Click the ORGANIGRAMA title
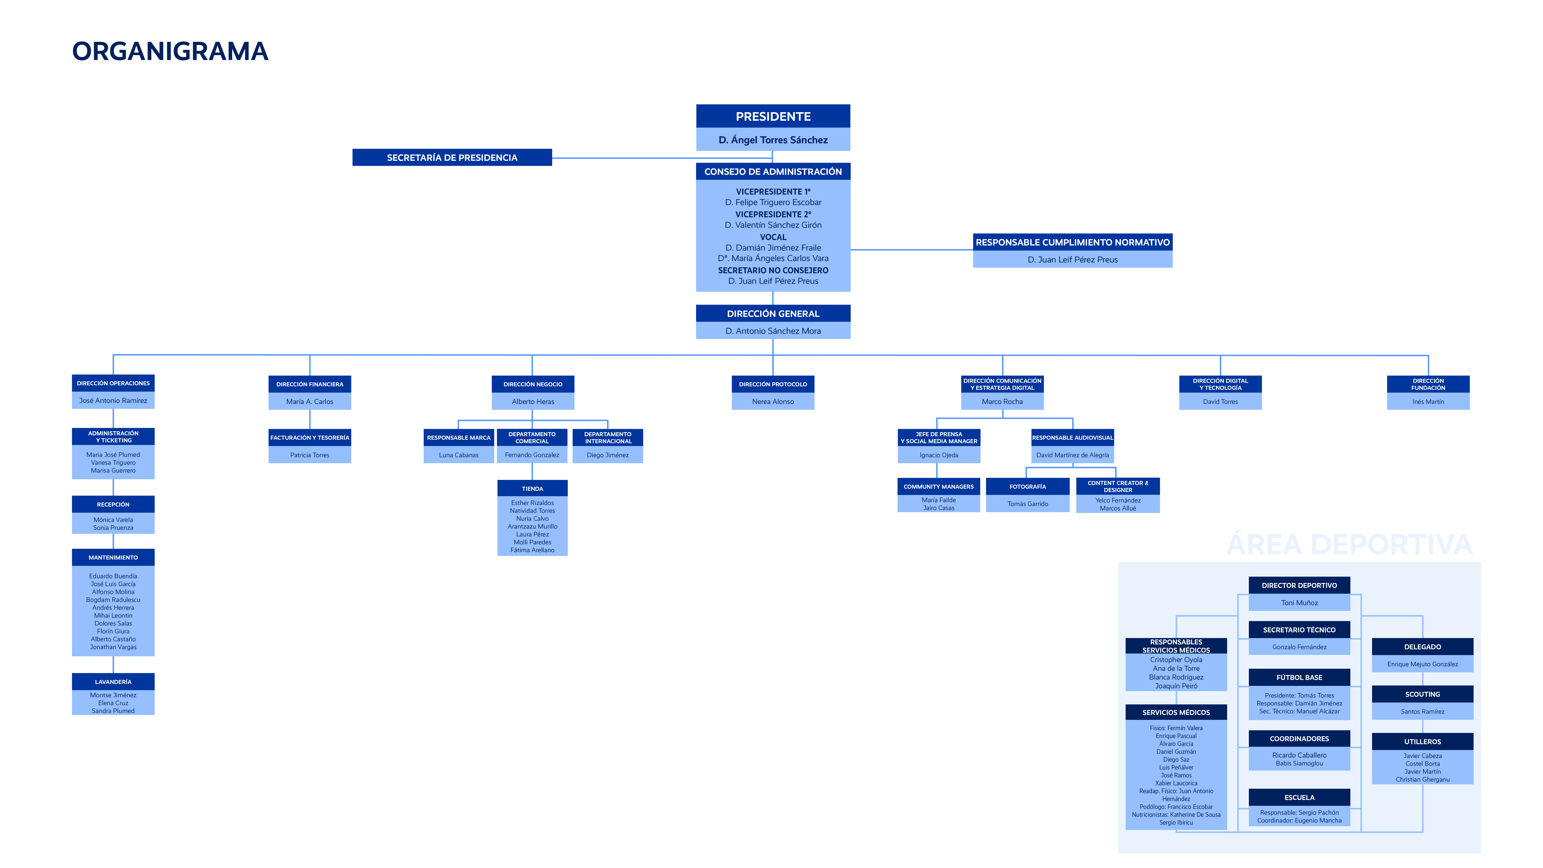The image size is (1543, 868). click(x=170, y=51)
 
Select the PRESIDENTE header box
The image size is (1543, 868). click(x=773, y=116)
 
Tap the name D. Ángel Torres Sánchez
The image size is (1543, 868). click(x=773, y=140)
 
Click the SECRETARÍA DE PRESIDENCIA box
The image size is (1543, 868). click(x=452, y=157)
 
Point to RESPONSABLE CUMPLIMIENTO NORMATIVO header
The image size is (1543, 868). click(x=1072, y=242)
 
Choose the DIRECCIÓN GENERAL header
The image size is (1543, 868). click(x=773, y=313)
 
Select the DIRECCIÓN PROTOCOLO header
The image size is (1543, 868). click(x=773, y=384)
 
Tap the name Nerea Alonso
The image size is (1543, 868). click(x=773, y=401)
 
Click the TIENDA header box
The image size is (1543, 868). click(x=532, y=488)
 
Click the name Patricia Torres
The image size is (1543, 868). click(x=310, y=455)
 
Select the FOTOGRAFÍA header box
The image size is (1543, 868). click(x=1027, y=486)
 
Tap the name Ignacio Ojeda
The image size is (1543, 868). click(x=939, y=455)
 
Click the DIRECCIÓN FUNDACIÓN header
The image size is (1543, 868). click(x=1428, y=384)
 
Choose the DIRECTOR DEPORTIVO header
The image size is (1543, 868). click(x=1299, y=585)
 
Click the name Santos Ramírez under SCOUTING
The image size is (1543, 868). click(x=1423, y=711)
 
